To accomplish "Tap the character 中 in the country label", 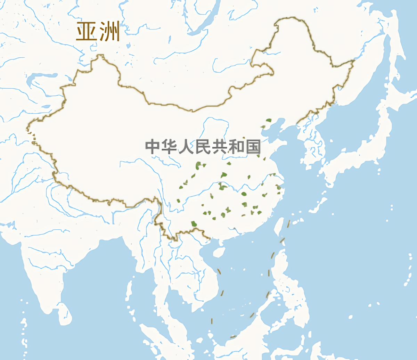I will click(152, 147).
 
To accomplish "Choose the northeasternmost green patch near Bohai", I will click(268, 121).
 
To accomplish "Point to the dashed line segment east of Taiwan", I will click(288, 224).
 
